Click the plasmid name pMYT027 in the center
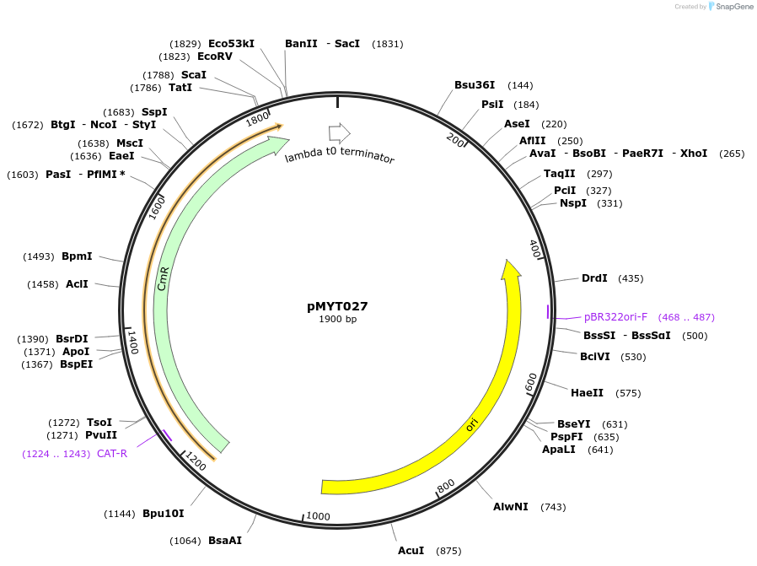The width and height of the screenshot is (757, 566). click(337, 306)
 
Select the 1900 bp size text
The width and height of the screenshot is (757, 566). click(337, 320)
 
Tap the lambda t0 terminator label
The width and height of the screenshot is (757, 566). click(339, 156)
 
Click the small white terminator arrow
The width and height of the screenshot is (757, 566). click(339, 132)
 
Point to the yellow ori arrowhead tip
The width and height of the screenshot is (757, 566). click(510, 263)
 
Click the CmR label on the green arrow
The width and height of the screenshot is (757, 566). click(164, 278)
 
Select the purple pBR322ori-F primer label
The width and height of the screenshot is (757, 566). click(615, 317)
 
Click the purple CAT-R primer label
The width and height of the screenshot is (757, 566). click(112, 453)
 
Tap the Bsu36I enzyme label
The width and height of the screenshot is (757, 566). click(475, 85)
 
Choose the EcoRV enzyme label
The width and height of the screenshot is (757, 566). click(214, 57)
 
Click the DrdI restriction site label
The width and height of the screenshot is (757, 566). click(594, 278)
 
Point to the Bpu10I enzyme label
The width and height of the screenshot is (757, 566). click(163, 513)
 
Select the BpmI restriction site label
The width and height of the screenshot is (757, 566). click(77, 256)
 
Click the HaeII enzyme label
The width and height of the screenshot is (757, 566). click(587, 393)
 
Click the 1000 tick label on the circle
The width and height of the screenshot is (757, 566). click(318, 516)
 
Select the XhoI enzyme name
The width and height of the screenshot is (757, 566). click(694, 154)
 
